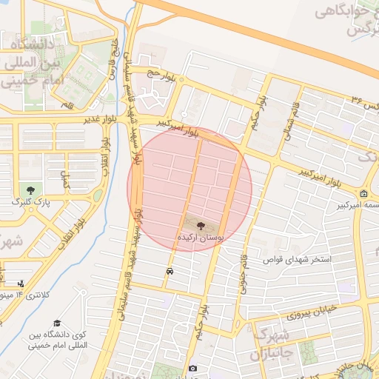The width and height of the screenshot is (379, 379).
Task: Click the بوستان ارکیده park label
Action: pyautogui.click(x=201, y=237)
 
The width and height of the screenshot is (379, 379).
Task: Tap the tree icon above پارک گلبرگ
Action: pyautogui.click(x=30, y=190)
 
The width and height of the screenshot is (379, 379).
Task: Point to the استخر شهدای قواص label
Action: pyautogui.click(x=300, y=261)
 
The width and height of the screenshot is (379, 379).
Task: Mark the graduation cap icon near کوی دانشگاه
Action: pyautogui.click(x=57, y=323)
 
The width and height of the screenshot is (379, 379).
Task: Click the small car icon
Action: pyautogui.click(x=170, y=272)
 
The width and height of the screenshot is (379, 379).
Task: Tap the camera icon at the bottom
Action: pyautogui.click(x=192, y=369)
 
